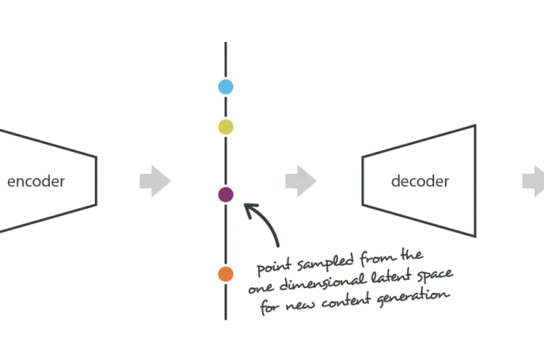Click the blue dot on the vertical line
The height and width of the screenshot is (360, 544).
click(226, 87)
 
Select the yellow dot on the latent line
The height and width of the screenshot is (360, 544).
click(226, 127)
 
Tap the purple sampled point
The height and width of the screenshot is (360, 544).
click(226, 195)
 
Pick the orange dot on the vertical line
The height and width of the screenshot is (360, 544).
click(226, 274)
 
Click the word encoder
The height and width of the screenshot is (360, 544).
click(36, 181)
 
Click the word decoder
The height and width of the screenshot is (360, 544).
click(420, 181)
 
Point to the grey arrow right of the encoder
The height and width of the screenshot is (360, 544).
click(155, 181)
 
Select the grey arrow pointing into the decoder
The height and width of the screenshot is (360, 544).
click(301, 181)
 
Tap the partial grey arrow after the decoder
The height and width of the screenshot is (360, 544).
click(533, 181)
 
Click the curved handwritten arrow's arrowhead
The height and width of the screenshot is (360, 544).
click(249, 209)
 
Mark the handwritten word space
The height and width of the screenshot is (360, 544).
click(435, 274)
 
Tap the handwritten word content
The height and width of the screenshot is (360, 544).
click(346, 301)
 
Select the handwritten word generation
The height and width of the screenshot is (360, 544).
click(413, 297)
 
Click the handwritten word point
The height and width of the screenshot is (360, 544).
click(274, 267)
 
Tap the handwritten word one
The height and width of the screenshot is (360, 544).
click(261, 289)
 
